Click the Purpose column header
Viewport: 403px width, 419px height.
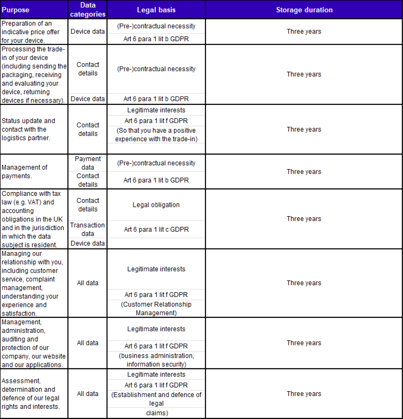click(x=16, y=10)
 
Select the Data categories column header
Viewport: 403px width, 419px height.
click(x=88, y=10)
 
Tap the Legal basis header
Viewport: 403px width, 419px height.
click(x=156, y=10)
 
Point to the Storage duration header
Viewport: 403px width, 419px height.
click(x=304, y=10)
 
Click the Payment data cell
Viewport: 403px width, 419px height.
click(x=88, y=163)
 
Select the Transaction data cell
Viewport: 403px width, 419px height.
click(x=88, y=229)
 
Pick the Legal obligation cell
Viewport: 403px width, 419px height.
click(x=156, y=205)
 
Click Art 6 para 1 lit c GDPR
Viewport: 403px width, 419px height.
click(x=156, y=230)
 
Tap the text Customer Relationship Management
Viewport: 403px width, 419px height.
click(x=156, y=308)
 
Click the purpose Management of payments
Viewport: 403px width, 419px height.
click(x=24, y=171)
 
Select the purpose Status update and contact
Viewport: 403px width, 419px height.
click(x=28, y=129)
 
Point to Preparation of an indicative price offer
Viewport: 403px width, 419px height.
click(x=30, y=32)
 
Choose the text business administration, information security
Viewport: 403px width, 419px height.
click(x=156, y=360)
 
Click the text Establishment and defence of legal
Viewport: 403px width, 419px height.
click(x=156, y=399)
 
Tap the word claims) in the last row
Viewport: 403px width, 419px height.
click(x=157, y=413)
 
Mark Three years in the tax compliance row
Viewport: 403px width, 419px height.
click(x=304, y=219)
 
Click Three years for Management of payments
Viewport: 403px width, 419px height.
click(x=304, y=172)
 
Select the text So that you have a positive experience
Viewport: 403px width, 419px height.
click(x=156, y=135)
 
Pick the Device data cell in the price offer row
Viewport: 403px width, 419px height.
click(x=88, y=32)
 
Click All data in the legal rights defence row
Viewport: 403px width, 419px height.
click(x=88, y=394)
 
